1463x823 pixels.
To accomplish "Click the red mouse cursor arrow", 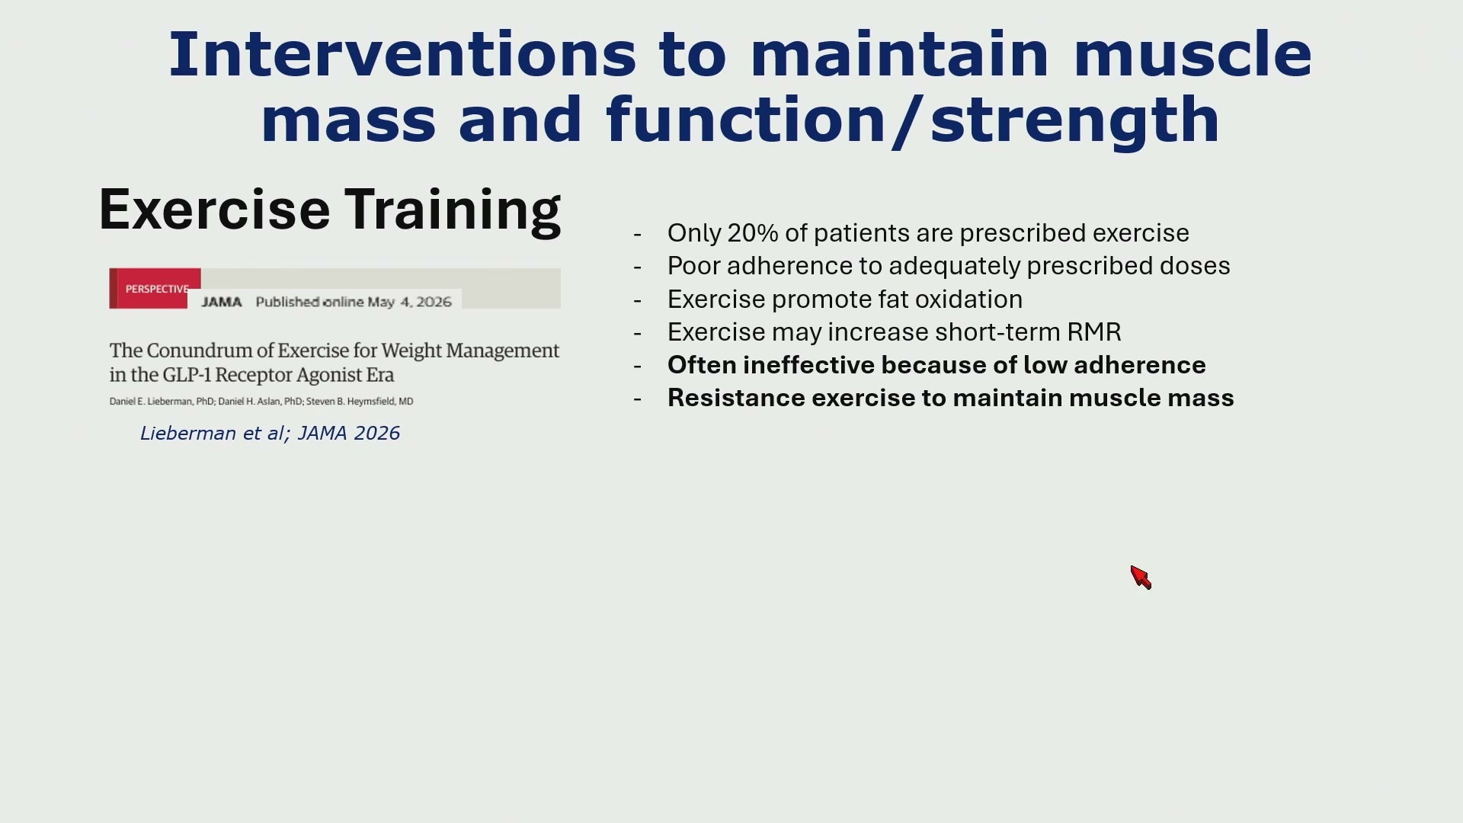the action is (x=1141, y=578).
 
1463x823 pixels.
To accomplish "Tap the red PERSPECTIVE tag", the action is (x=155, y=289).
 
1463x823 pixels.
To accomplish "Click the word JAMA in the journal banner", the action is (x=222, y=302).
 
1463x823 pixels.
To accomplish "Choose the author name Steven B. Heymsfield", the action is (x=360, y=402).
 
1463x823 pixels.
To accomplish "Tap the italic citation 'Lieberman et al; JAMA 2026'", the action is (x=270, y=434).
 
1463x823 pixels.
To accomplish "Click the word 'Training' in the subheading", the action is (x=453, y=211).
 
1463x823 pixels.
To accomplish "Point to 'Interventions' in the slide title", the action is (x=402, y=54).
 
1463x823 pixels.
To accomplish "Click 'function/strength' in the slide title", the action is (x=913, y=120).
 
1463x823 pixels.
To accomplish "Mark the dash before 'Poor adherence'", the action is (x=637, y=267).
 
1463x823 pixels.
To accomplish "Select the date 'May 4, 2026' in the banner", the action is (x=410, y=302).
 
